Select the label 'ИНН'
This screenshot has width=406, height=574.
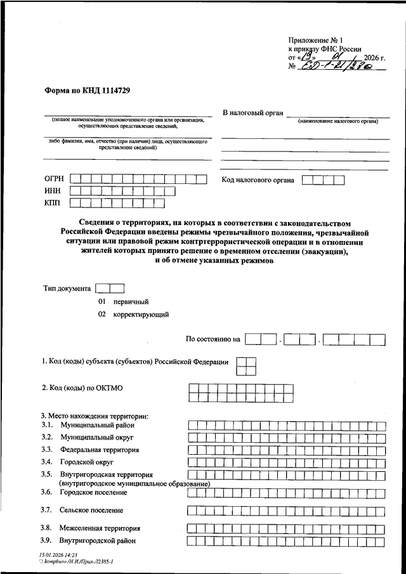click(x=53, y=191)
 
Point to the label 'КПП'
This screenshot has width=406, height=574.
click(x=53, y=203)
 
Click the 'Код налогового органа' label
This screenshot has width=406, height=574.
click(x=258, y=180)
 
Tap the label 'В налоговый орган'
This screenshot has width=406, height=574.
click(x=251, y=112)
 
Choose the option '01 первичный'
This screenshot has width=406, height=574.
click(x=123, y=302)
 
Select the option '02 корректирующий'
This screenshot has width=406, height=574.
click(x=133, y=314)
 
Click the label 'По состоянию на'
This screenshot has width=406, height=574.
click(x=213, y=339)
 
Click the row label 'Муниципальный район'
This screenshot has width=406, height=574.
click(x=97, y=425)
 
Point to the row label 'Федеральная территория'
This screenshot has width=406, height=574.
click(x=100, y=450)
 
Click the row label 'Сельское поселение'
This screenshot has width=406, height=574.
click(x=91, y=510)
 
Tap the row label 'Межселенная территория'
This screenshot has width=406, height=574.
click(x=100, y=528)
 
